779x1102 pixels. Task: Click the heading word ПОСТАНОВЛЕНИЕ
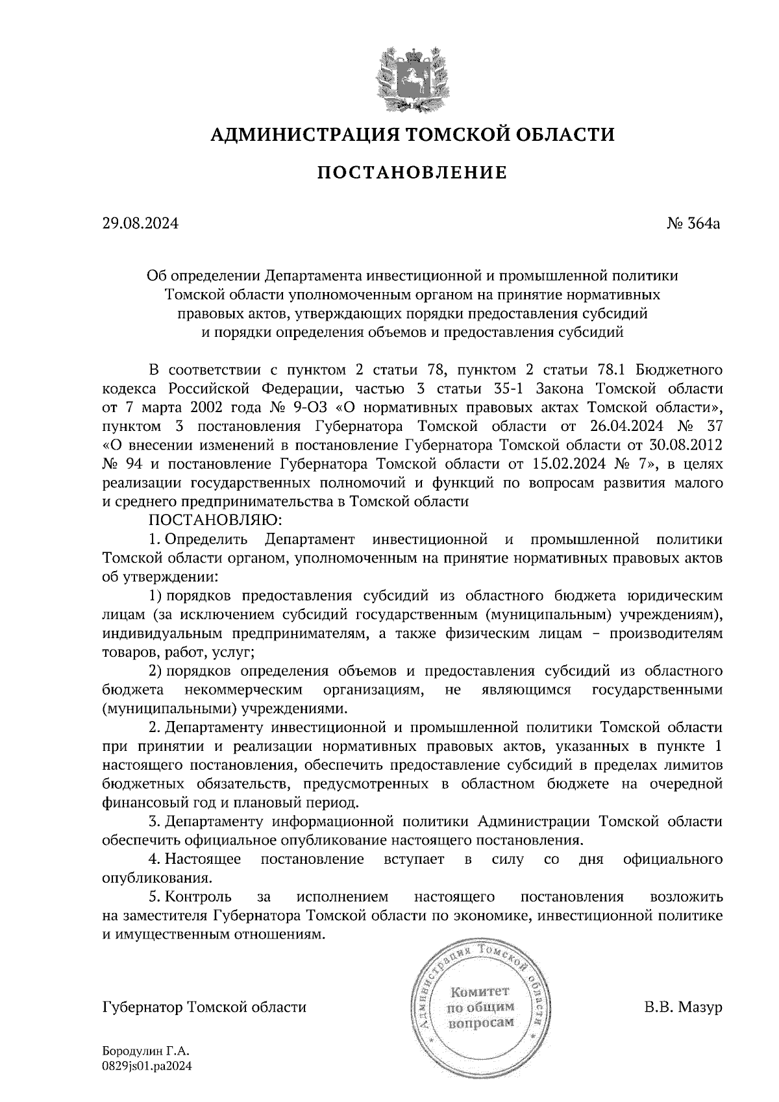click(412, 173)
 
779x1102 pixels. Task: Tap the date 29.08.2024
click(140, 225)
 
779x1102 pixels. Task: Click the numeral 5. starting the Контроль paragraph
click(155, 897)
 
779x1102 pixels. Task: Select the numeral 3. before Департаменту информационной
click(155, 822)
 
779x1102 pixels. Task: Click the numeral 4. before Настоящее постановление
click(155, 859)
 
